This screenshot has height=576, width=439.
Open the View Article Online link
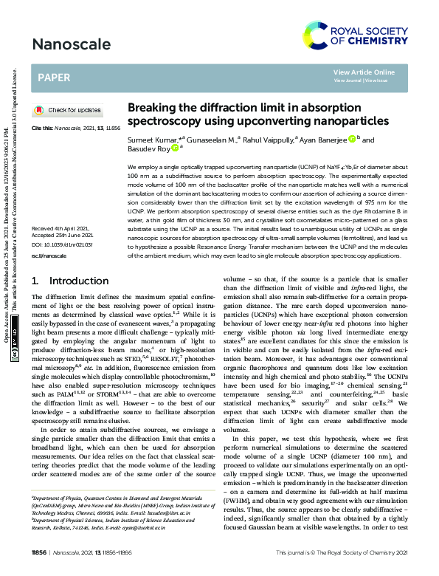(x=364, y=72)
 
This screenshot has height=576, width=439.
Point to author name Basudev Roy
(x=148, y=148)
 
